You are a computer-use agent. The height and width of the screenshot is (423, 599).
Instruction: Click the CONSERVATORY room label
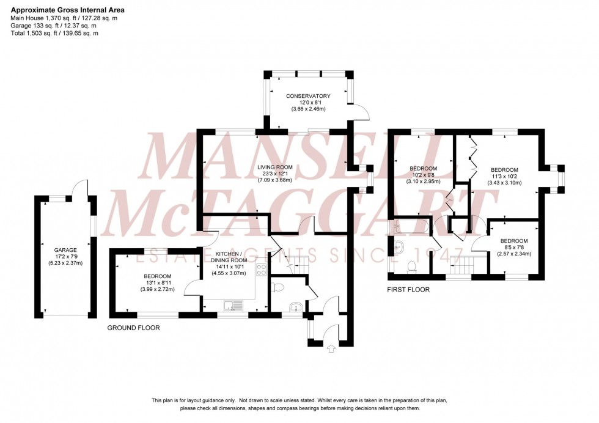pyautogui.click(x=308, y=96)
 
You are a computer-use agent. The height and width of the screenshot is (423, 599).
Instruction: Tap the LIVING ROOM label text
pyautogui.click(x=274, y=167)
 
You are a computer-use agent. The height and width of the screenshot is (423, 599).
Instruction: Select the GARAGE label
pyautogui.click(x=65, y=250)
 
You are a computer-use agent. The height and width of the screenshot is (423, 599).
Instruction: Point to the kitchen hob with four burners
pyautogui.click(x=261, y=269)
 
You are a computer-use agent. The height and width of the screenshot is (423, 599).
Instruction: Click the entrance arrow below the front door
pyautogui.click(x=332, y=349)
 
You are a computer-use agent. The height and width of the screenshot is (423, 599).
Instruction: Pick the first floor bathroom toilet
pyautogui.click(x=412, y=266)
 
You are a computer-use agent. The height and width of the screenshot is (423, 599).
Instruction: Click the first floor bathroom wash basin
pyautogui.click(x=399, y=248)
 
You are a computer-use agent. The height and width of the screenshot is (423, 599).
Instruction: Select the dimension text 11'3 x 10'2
pyautogui.click(x=504, y=177)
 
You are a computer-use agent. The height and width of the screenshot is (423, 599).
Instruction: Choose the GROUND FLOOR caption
pyautogui.click(x=133, y=328)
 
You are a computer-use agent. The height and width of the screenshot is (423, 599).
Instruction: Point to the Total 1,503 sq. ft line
pyautogui.click(x=54, y=33)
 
